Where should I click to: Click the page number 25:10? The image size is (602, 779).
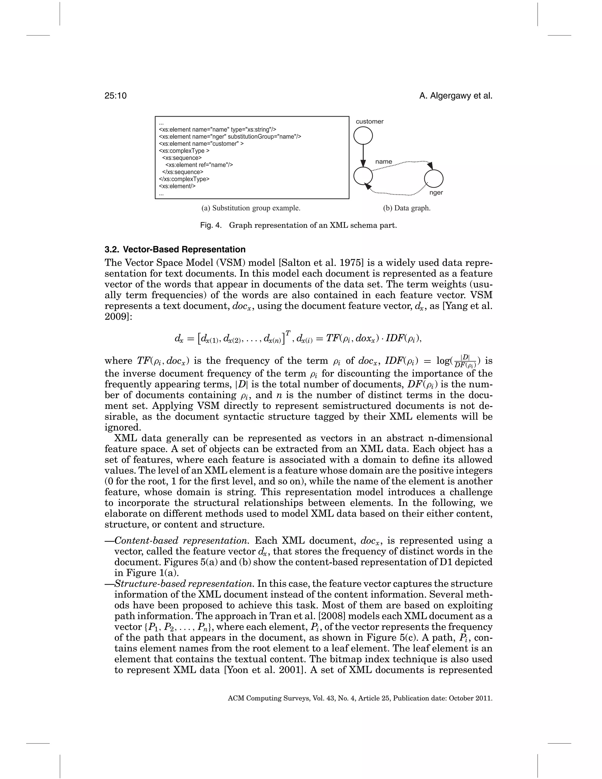(x=116, y=96)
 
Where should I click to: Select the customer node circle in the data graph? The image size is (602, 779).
(x=363, y=136)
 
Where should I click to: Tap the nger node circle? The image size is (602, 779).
(x=434, y=178)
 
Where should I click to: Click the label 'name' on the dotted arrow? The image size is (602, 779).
(x=383, y=162)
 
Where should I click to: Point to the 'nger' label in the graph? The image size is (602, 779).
(x=436, y=193)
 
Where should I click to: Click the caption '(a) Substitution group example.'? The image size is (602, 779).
(x=251, y=208)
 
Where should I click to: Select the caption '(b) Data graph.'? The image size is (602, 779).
(x=407, y=208)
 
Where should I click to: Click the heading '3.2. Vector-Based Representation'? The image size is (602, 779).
(x=175, y=249)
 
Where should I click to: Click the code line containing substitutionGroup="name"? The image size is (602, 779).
(x=230, y=137)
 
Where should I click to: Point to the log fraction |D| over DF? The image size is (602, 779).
(x=465, y=361)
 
